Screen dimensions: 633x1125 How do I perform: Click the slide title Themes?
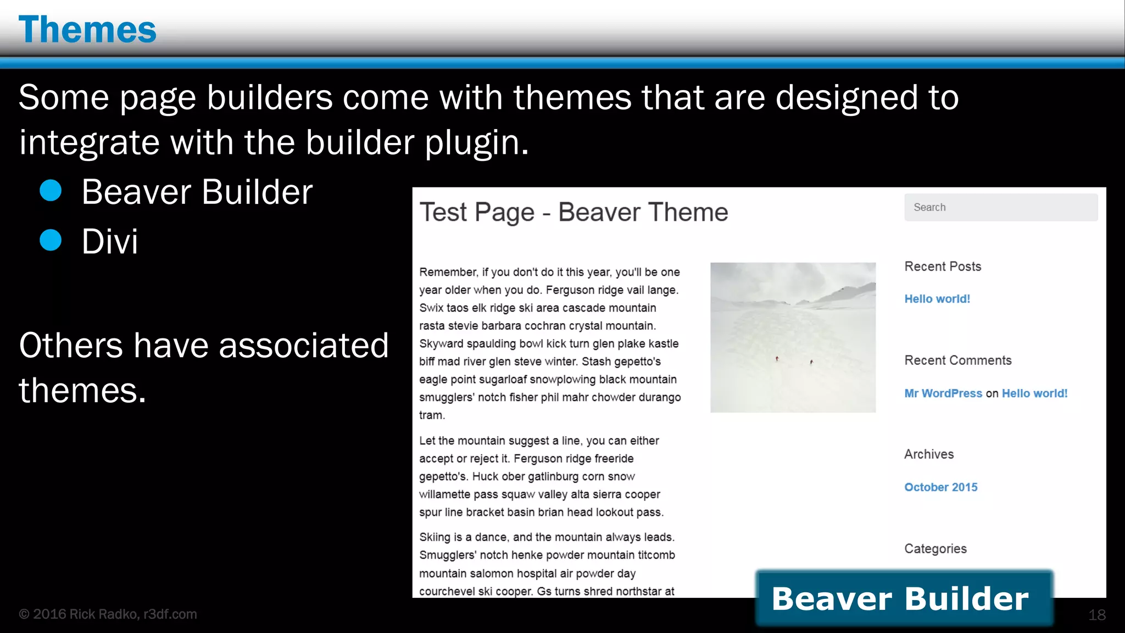tap(87, 30)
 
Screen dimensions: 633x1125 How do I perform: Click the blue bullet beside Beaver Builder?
tap(51, 191)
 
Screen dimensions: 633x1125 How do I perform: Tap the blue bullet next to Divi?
tap(51, 240)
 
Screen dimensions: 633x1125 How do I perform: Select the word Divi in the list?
tap(110, 241)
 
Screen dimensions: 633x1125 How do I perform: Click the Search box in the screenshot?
tap(1000, 207)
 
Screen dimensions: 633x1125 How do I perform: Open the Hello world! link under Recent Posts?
tap(937, 299)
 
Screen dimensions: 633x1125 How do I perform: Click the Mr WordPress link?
tap(943, 393)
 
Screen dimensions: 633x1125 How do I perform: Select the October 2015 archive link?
tap(940, 487)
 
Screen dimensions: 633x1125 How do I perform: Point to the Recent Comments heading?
tap(957, 360)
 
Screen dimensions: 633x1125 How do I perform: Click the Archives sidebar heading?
tap(929, 454)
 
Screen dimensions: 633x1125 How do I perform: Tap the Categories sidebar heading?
tap(935, 548)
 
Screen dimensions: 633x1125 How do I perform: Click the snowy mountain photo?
tap(793, 337)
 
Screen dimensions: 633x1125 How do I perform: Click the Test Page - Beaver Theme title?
tap(573, 212)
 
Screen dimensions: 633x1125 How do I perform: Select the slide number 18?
tap(1096, 615)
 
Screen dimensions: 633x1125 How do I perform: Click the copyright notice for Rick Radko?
tap(108, 614)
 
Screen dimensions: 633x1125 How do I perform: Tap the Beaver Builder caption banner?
tap(903, 598)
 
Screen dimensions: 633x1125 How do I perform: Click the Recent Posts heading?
tap(942, 266)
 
